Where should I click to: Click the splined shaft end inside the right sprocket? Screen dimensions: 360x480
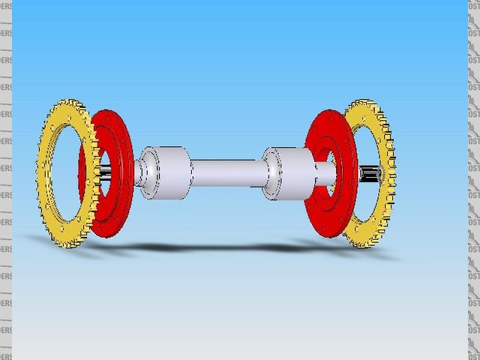[370, 175]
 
